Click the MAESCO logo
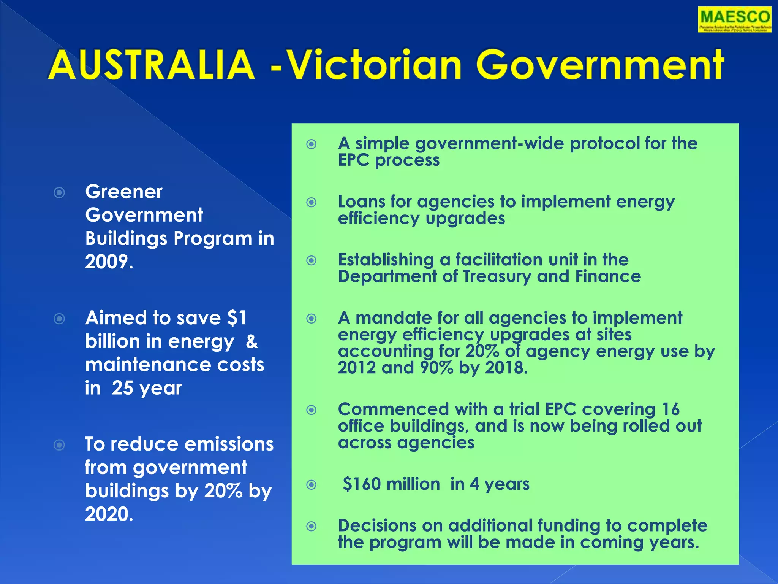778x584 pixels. click(x=734, y=19)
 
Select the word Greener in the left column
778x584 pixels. click(x=124, y=192)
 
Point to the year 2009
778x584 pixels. click(x=109, y=262)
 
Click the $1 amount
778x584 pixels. click(x=237, y=318)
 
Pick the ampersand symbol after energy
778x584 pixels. click(x=251, y=341)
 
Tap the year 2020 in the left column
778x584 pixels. click(x=109, y=514)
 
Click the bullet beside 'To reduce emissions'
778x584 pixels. click(x=59, y=444)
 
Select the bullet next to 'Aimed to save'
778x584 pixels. click(x=59, y=318)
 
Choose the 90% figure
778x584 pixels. click(x=436, y=368)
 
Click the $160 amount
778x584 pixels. click(x=362, y=484)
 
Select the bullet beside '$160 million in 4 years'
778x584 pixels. click(x=312, y=484)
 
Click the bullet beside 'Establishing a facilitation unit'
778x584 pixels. click(x=312, y=260)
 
